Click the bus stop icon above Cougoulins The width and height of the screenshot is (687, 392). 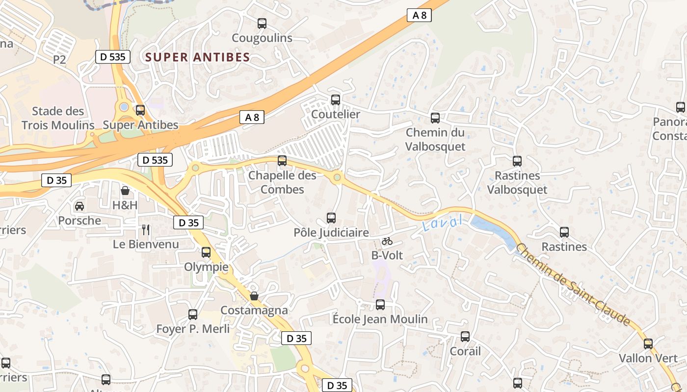pyautogui.click(x=262, y=23)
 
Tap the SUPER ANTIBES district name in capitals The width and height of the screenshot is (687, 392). pyautogui.click(x=198, y=57)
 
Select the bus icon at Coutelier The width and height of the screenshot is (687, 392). pyautogui.click(x=336, y=100)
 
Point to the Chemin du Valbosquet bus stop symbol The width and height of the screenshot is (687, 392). pyautogui.click(x=435, y=118)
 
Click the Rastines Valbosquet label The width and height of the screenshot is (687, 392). pyautogui.click(x=517, y=182)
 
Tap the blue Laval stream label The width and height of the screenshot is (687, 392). pyautogui.click(x=442, y=223)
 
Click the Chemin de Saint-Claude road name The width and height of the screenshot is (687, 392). pyautogui.click(x=573, y=285)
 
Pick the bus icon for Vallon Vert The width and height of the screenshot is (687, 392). pyautogui.click(x=648, y=344)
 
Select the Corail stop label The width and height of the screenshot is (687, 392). pyautogui.click(x=465, y=351)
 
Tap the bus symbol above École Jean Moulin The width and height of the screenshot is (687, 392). pyautogui.click(x=380, y=305)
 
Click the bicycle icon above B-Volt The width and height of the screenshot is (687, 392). pyautogui.click(x=387, y=241)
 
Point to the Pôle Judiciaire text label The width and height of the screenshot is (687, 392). pyautogui.click(x=331, y=232)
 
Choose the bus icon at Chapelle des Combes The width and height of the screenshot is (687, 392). pyautogui.click(x=282, y=161)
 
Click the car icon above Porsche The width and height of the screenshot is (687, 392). pyautogui.click(x=79, y=206)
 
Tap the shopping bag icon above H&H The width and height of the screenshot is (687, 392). pyautogui.click(x=125, y=190)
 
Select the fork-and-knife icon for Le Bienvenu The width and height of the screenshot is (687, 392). pyautogui.click(x=146, y=230)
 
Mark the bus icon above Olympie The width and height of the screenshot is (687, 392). pyautogui.click(x=206, y=252)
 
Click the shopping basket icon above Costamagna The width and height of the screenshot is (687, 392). pyautogui.click(x=254, y=296)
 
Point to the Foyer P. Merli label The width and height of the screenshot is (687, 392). pyautogui.click(x=193, y=329)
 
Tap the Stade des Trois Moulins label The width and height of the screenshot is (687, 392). pyautogui.click(x=58, y=118)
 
